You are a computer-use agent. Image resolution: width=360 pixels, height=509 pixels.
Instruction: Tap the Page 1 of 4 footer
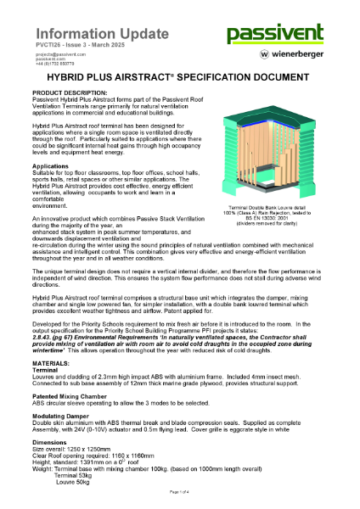tap(180, 493)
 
